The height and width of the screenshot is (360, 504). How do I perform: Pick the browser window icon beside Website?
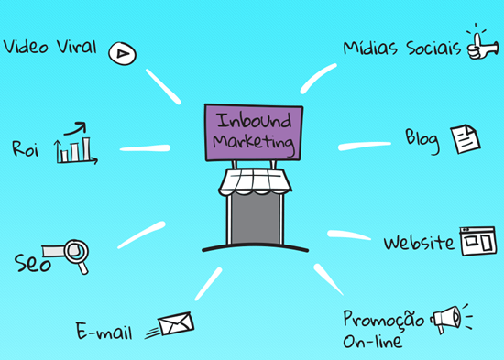[x=477, y=241]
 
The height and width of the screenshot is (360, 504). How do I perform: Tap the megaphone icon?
[x=446, y=319]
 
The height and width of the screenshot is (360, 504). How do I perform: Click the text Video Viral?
[x=50, y=47]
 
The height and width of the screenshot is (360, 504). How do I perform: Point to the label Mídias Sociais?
[x=401, y=47]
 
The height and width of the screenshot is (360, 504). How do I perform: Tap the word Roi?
[x=27, y=147]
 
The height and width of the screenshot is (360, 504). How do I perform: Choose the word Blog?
[x=422, y=138]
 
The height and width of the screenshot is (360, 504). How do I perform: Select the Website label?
[x=418, y=243]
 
